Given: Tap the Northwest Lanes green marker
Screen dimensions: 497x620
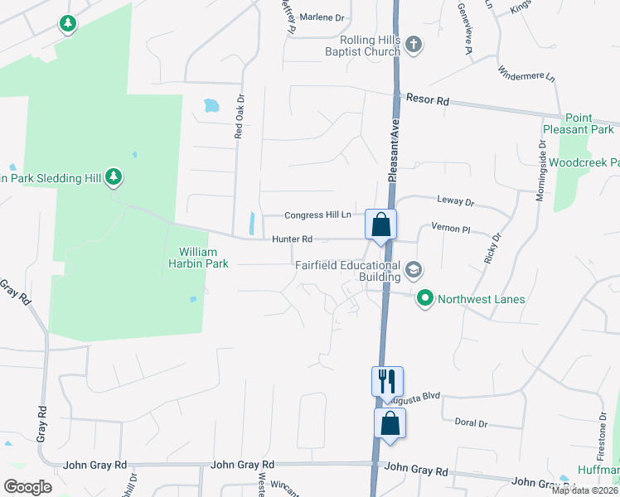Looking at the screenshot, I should tap(425, 297).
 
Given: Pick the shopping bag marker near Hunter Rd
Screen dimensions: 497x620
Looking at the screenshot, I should tap(380, 224).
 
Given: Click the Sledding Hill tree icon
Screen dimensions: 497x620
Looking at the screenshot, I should tap(114, 177).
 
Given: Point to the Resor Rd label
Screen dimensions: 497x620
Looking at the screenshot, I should tap(427, 99).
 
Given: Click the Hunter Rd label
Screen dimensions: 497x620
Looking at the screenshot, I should tap(292, 239).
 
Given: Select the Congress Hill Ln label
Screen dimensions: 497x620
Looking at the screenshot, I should tap(317, 215).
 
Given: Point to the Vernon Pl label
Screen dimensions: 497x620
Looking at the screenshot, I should tap(450, 227).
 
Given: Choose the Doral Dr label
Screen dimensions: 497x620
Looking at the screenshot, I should tap(471, 422).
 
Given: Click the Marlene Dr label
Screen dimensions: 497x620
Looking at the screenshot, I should tap(321, 17).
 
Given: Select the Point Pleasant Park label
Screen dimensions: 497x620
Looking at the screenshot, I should tap(579, 124).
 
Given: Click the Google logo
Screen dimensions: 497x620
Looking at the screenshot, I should tap(28, 487).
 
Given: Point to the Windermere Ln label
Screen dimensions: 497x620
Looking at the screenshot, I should tap(526, 76).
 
